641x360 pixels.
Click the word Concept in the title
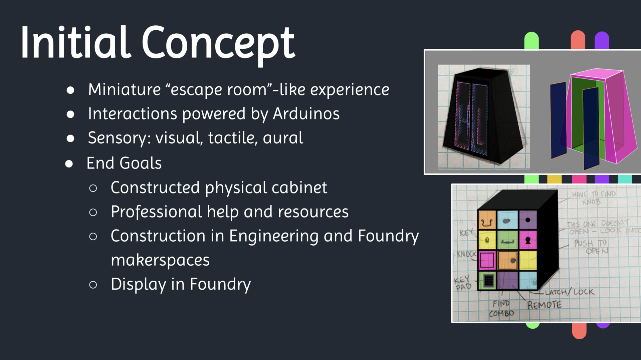pos(219,43)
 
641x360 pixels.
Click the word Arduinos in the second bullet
pos(306,114)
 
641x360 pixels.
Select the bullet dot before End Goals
pos(69,163)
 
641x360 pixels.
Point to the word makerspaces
pos(160,260)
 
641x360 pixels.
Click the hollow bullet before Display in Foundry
pos(93,285)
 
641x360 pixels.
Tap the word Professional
pos(156,212)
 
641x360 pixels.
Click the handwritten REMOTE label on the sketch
pos(544,305)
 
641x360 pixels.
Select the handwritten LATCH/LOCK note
pos(569,292)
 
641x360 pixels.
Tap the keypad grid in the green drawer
pos(488,280)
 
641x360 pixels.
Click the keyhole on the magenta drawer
pos(528,240)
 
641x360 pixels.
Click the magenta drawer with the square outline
pos(487,260)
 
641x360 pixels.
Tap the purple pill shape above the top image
pos(602,40)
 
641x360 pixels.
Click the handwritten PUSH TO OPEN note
pos(591,247)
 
